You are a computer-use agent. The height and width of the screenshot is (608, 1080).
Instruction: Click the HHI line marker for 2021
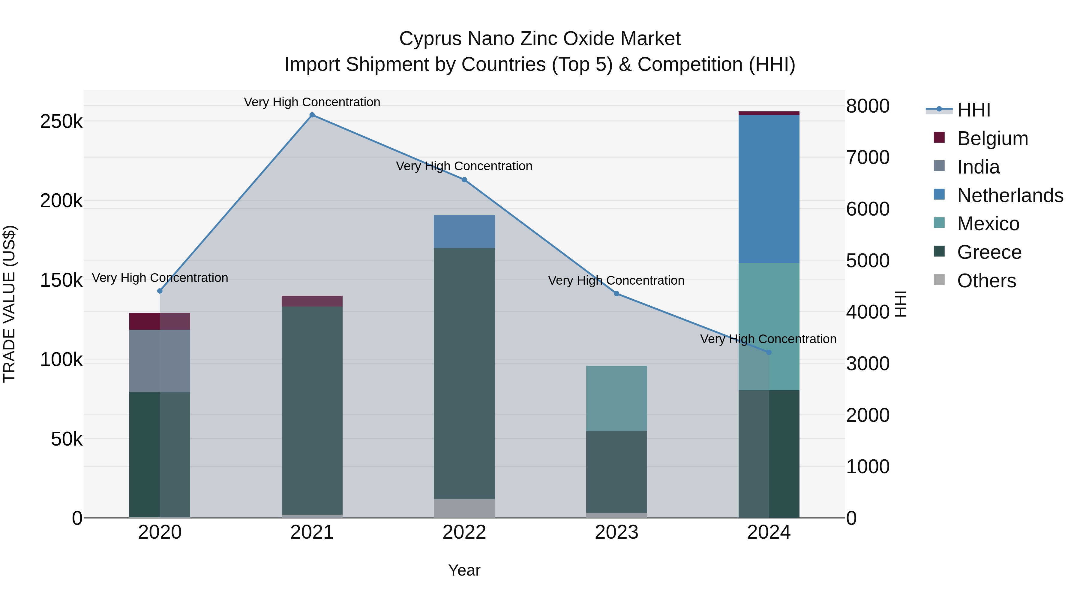click(x=312, y=115)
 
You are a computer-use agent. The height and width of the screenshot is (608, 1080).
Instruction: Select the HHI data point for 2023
click(x=616, y=294)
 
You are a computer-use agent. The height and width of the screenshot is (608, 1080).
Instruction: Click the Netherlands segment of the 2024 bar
click(x=769, y=189)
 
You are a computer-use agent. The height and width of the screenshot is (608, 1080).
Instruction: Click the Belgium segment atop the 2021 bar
click(x=312, y=301)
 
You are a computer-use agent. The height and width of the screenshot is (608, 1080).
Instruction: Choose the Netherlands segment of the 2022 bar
click(x=464, y=231)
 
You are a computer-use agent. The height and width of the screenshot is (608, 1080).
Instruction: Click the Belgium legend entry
click(x=992, y=138)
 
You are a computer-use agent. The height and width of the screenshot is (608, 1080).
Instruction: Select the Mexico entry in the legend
click(x=988, y=224)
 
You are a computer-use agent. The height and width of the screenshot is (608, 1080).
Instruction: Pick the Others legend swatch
click(x=939, y=280)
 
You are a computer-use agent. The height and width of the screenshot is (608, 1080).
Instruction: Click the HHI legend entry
click(x=973, y=110)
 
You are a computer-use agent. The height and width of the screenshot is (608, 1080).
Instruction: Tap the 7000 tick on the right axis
click(x=867, y=157)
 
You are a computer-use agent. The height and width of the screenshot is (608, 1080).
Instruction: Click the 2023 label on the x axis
click(x=616, y=532)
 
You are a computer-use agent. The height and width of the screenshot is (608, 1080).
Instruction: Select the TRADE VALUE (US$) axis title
click(x=9, y=304)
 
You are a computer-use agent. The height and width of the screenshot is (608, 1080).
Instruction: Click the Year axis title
click(x=464, y=570)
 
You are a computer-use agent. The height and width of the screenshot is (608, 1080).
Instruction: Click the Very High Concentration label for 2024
click(x=768, y=339)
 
